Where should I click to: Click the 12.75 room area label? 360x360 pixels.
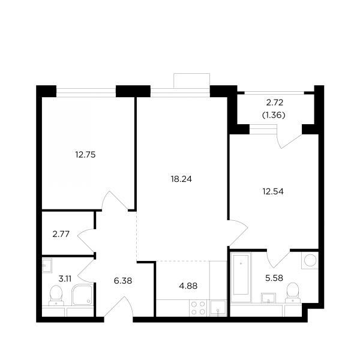click(x=85, y=155)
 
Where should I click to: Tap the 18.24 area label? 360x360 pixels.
click(x=181, y=179)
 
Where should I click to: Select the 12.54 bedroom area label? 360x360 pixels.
click(x=273, y=191)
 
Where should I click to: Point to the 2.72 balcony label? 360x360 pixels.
click(x=275, y=103)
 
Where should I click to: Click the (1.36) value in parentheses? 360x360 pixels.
click(x=274, y=115)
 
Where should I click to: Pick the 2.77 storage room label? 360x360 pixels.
click(x=61, y=234)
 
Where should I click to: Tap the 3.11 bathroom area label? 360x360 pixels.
click(x=65, y=279)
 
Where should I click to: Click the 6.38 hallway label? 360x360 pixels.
click(x=123, y=281)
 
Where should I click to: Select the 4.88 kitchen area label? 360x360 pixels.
click(x=188, y=286)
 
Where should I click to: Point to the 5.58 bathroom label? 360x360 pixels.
click(x=274, y=278)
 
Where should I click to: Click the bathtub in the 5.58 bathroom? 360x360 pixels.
click(x=241, y=277)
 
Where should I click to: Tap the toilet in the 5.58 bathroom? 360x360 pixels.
click(x=293, y=293)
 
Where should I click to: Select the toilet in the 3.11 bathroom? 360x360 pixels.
click(x=56, y=295)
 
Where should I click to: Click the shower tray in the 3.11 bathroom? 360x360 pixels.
click(x=82, y=295)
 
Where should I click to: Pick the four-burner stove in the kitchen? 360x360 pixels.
click(x=198, y=308)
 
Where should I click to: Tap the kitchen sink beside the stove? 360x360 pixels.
click(x=218, y=308)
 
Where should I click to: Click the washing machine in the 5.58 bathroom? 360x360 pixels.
click(x=310, y=260)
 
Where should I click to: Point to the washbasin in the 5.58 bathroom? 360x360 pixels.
click(x=268, y=298)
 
